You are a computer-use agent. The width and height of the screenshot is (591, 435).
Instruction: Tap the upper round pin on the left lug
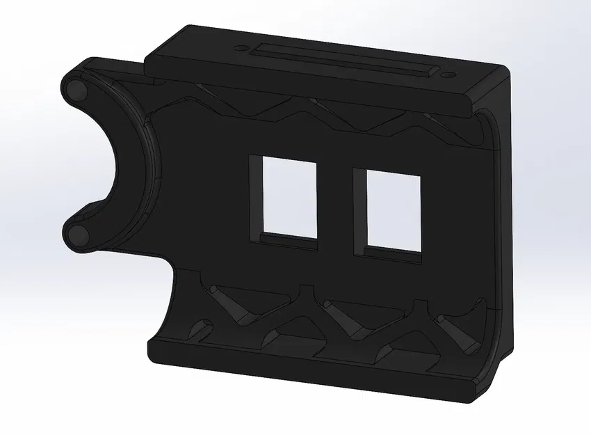tap(76, 89)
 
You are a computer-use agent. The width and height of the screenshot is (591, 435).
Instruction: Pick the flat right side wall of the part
tap(506, 209)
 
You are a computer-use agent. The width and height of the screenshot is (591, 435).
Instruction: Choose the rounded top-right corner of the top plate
tap(502, 72)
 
